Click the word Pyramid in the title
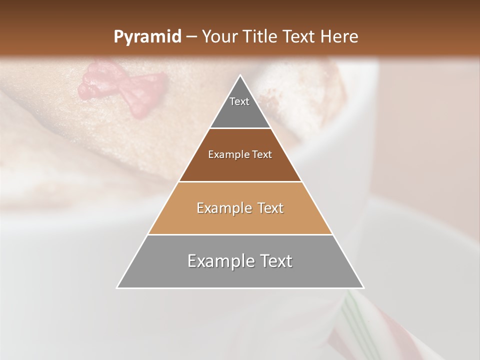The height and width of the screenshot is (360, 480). click(147, 37)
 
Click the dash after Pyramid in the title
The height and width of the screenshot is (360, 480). click(191, 37)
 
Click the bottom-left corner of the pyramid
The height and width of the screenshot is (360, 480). click(117, 288)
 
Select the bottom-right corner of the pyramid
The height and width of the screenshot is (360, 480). click(363, 288)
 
